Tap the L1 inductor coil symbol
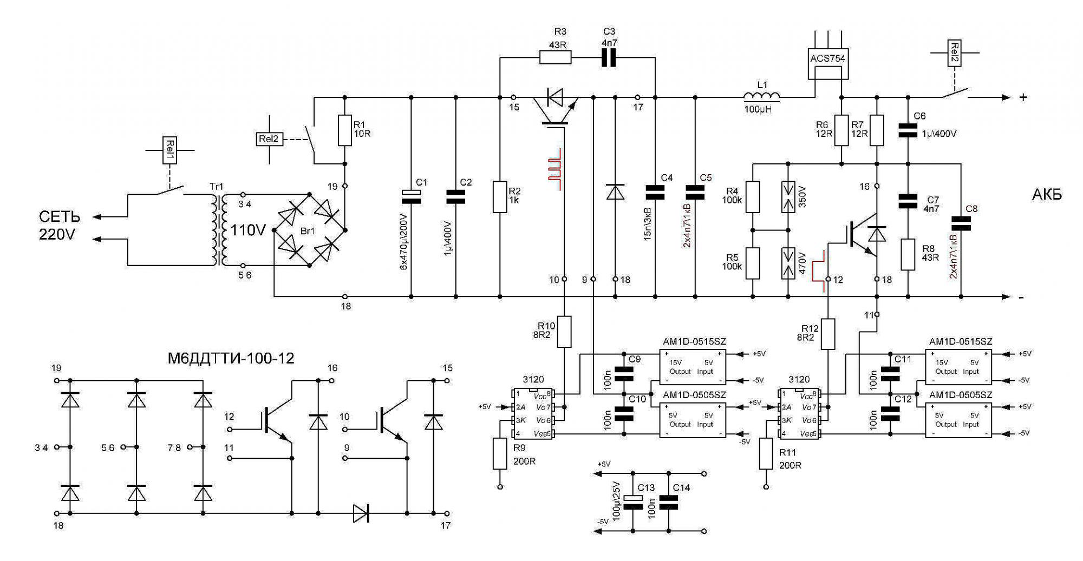click(x=762, y=96)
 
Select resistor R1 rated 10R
click(x=345, y=130)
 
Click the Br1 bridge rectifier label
click(x=308, y=232)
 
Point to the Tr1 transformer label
click(x=216, y=187)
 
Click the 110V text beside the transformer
click(x=248, y=230)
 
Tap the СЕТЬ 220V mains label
click(x=60, y=226)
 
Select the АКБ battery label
click(x=1047, y=195)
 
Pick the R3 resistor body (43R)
click(x=556, y=57)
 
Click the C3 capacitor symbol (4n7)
click(x=609, y=57)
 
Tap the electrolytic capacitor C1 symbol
click(x=411, y=197)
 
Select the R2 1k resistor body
click(x=500, y=197)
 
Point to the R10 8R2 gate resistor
click(x=564, y=332)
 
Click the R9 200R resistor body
click(x=500, y=454)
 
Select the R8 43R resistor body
click(x=908, y=255)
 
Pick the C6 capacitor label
click(x=919, y=116)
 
